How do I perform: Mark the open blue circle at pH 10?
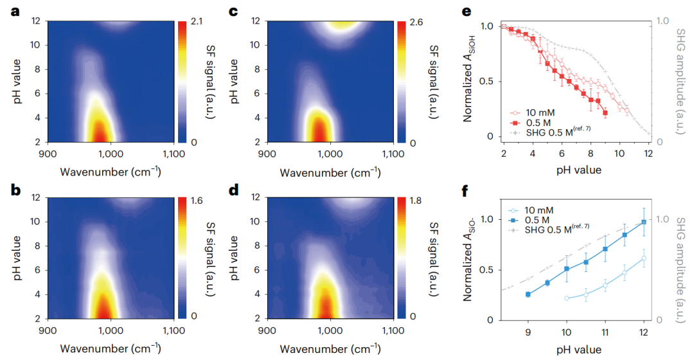click(567, 298)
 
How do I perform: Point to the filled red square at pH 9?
click(605, 113)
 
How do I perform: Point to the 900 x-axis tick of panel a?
click(48, 155)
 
